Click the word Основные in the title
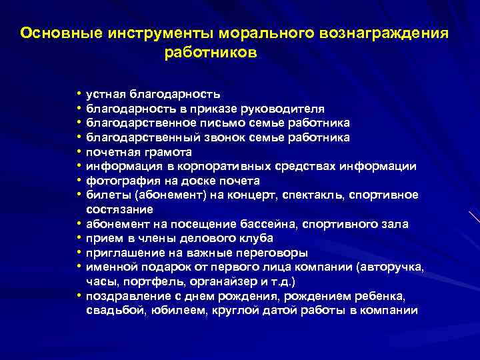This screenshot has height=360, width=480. click(x=56, y=33)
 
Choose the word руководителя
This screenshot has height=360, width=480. click(x=287, y=109)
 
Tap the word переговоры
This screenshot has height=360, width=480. click(x=274, y=253)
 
